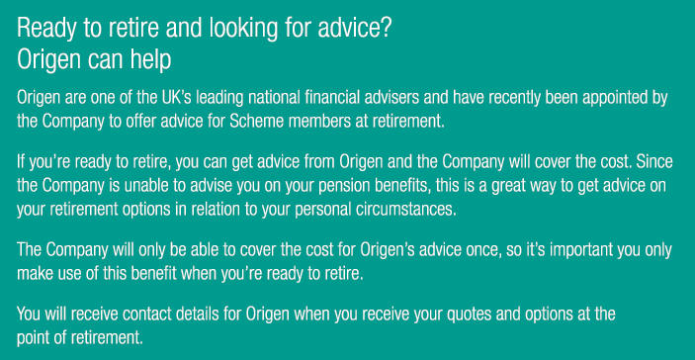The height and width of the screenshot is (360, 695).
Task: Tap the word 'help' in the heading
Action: pyautogui.click(x=149, y=59)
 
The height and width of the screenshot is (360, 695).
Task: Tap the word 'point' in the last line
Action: pyautogui.click(x=36, y=336)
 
